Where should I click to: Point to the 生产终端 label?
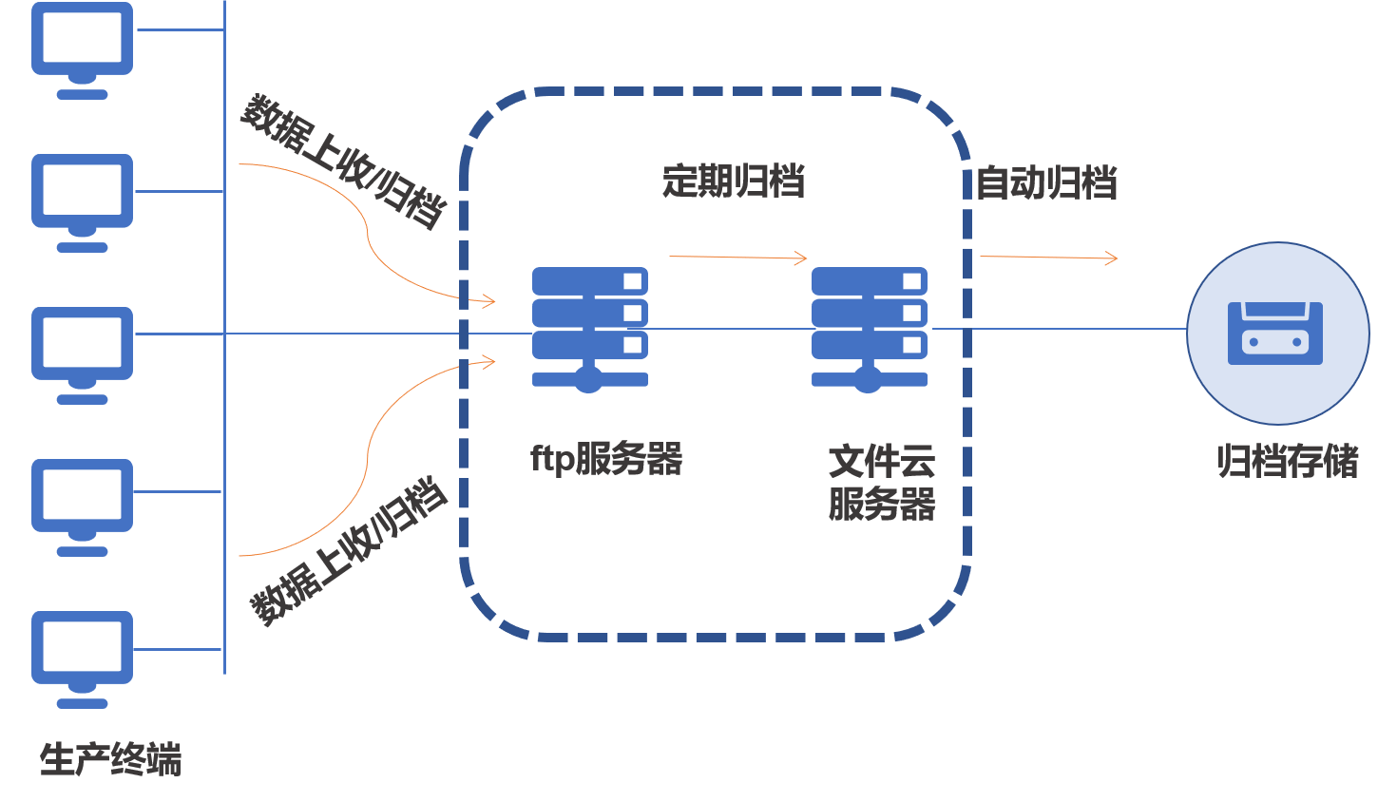110,759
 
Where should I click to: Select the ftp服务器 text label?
606,459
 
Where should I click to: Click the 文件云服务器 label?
882,483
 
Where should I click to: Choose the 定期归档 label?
734,181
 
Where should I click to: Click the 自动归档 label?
1046,182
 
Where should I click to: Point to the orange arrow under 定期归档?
738,257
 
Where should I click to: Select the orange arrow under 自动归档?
1049,257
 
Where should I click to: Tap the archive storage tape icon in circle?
1277,333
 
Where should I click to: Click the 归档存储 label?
1288,461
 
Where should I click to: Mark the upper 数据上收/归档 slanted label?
342,162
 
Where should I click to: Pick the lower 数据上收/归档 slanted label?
348,551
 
